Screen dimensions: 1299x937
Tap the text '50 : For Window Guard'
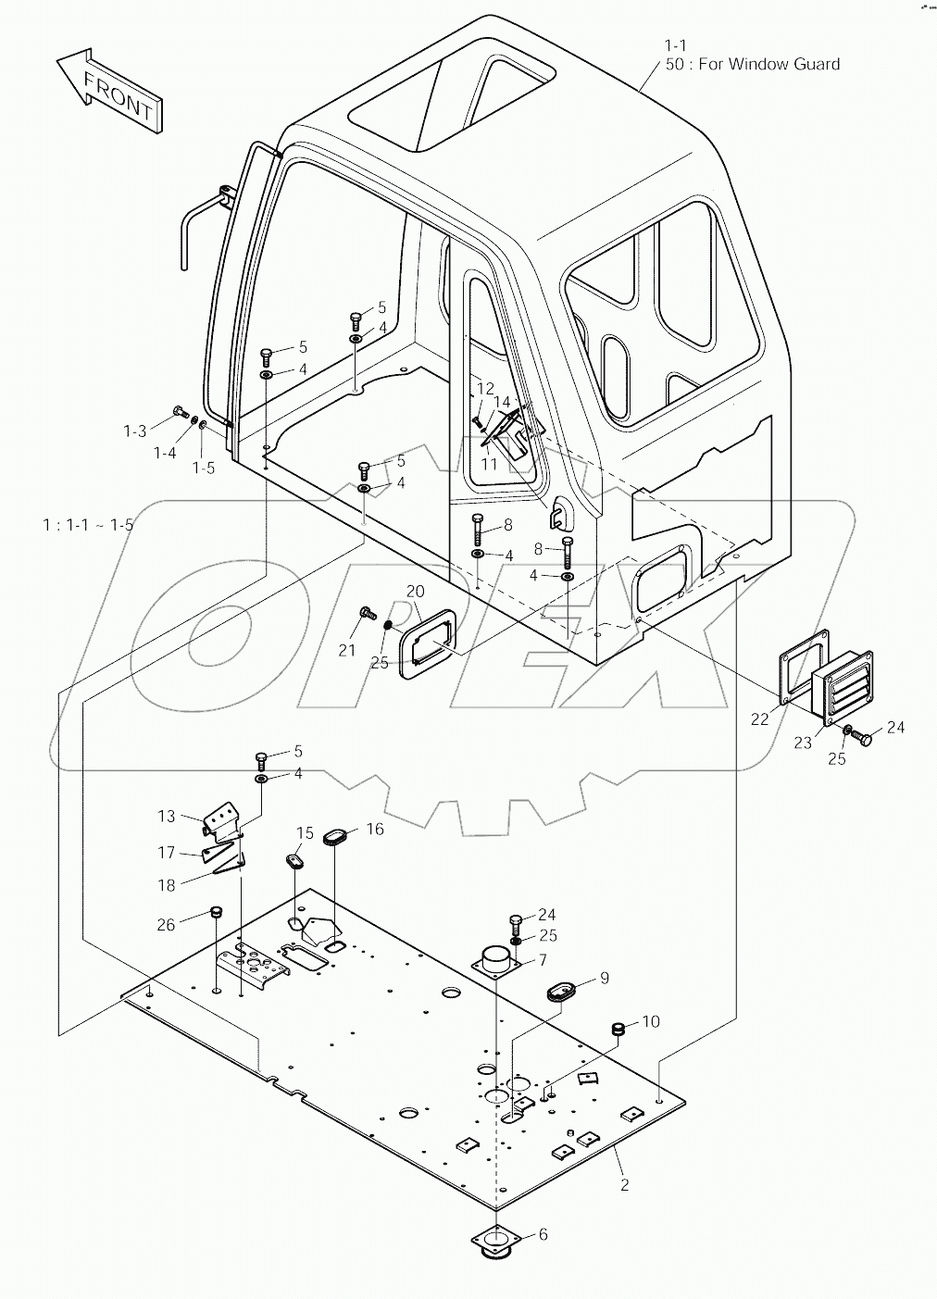click(752, 64)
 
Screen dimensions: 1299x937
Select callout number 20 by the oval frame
click(415, 592)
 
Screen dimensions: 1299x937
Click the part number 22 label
click(760, 719)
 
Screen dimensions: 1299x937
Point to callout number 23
click(803, 742)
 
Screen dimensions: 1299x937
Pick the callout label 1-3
click(135, 431)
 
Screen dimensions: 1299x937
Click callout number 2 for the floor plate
click(624, 1184)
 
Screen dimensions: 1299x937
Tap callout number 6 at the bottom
click(543, 1234)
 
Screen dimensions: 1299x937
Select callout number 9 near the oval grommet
click(604, 978)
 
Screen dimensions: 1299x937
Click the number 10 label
click(650, 1021)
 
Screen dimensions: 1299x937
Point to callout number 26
click(166, 923)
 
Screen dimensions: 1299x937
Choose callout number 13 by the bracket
click(166, 816)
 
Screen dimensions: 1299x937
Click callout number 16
click(374, 830)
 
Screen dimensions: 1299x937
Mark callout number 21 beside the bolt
click(346, 651)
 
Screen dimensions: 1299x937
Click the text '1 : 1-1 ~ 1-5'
click(88, 525)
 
